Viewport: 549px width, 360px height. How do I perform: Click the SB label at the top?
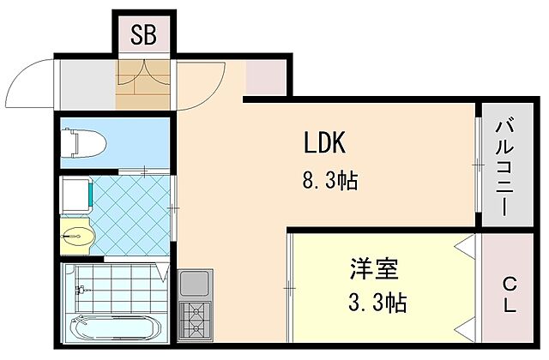pyautogui.click(x=144, y=35)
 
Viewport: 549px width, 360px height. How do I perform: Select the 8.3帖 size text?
pyautogui.click(x=329, y=182)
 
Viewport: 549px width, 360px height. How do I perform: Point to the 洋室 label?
pyautogui.click(x=373, y=269)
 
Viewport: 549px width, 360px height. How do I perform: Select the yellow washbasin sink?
pyautogui.click(x=77, y=232)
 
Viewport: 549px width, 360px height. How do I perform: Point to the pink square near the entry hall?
pyautogui.click(x=262, y=78)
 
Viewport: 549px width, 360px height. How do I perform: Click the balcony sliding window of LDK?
pyautogui.click(x=475, y=163)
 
